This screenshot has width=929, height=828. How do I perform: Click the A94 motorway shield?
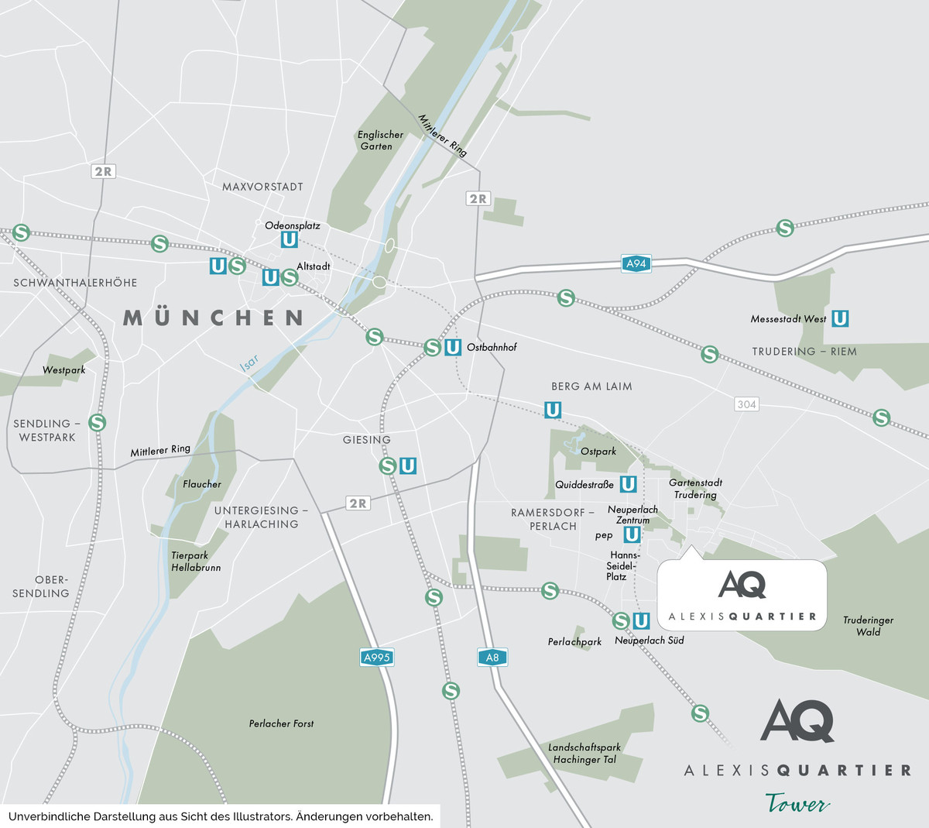point(636,264)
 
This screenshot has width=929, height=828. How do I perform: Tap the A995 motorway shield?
point(377,658)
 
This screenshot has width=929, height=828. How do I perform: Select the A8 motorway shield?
point(492,658)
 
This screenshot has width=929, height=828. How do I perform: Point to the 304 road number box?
point(746,404)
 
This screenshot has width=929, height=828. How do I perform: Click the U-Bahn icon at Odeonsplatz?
point(289,239)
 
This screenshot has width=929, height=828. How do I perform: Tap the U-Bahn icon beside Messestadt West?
point(840,318)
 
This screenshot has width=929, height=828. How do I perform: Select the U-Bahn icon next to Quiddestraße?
point(628,484)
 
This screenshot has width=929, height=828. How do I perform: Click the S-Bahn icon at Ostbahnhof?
point(433,348)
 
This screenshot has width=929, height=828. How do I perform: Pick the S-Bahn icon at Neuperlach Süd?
point(621,620)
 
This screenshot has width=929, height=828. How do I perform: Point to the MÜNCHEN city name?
point(214,318)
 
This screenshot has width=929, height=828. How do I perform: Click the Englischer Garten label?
point(380,140)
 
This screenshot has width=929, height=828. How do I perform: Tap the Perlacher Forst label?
point(281,723)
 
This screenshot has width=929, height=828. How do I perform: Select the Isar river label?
point(249,362)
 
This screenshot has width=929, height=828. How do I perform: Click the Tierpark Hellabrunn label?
point(196,562)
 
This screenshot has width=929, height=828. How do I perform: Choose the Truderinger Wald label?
point(868,626)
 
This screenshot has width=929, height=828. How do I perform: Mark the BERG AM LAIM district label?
point(591,387)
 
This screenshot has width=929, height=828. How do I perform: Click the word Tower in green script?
point(797,803)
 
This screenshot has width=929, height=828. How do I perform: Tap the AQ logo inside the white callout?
point(742,585)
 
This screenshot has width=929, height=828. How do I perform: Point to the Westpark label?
point(64,370)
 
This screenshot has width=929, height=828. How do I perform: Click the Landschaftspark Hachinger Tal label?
point(584,754)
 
